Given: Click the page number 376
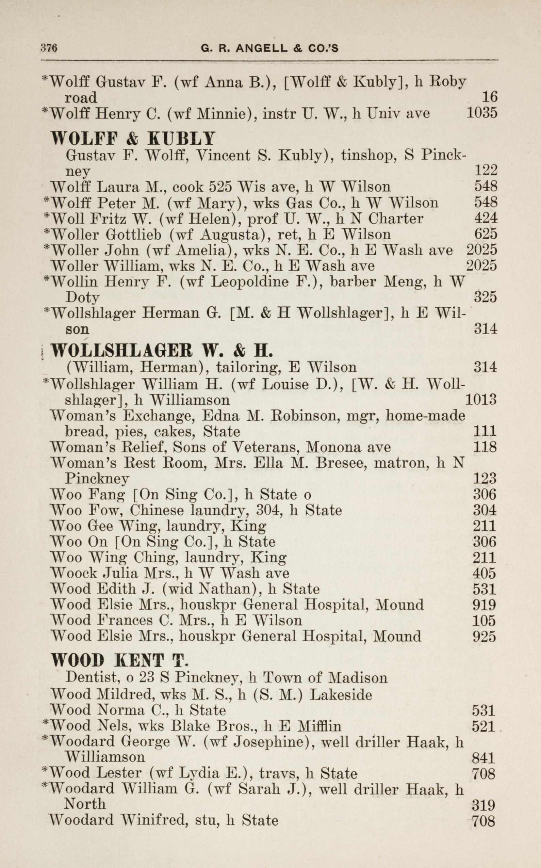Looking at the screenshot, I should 49,48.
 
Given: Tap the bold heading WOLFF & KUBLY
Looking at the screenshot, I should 133,138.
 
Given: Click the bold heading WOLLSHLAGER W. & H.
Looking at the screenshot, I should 162,351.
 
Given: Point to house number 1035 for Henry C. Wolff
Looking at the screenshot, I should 481,113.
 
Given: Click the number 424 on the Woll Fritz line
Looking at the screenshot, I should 486,218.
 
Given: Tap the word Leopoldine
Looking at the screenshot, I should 249,282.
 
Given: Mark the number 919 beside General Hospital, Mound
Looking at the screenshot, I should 484,605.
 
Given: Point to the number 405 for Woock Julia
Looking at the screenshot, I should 484,574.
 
